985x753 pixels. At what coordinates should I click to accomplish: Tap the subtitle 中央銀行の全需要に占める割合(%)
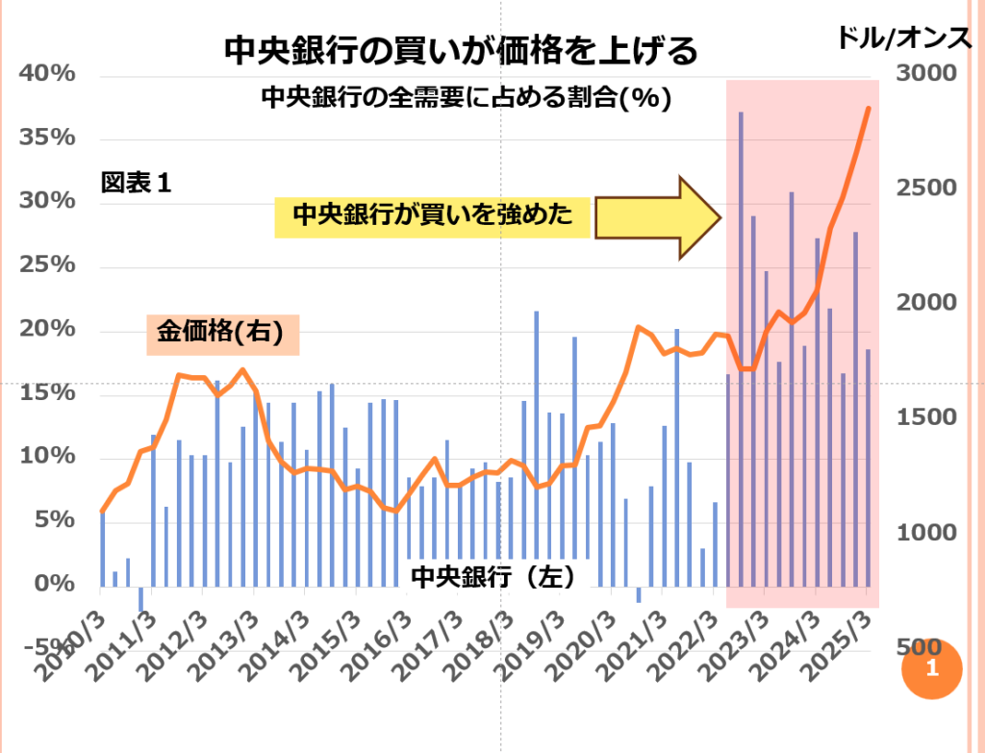click(466, 98)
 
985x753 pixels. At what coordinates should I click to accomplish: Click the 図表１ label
click(136, 183)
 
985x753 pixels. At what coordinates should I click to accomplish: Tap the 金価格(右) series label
click(223, 334)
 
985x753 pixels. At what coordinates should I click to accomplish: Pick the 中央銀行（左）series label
click(492, 576)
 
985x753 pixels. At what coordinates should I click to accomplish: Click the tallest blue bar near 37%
click(741, 346)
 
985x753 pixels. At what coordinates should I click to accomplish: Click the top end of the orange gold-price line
click(869, 109)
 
